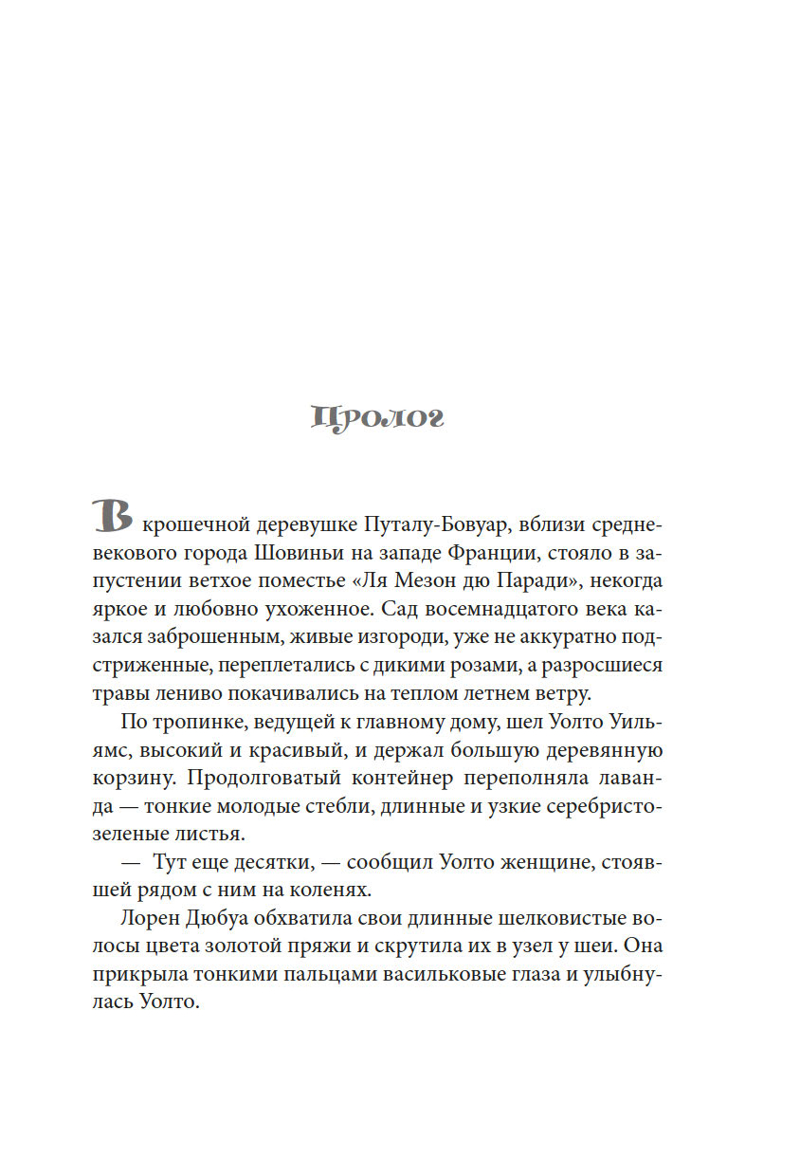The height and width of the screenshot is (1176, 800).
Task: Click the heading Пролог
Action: pos(377,418)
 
